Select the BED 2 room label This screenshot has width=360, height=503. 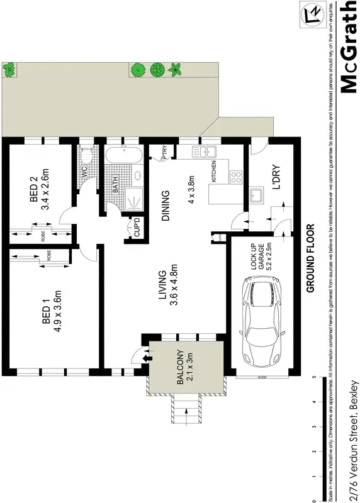pos(34,188)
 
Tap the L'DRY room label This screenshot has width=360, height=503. pos(274,179)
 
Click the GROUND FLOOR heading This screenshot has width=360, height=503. pos(310,258)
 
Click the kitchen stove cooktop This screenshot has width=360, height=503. pos(237,178)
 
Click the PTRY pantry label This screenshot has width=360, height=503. pos(164,153)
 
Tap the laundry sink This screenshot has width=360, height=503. pos(257,196)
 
